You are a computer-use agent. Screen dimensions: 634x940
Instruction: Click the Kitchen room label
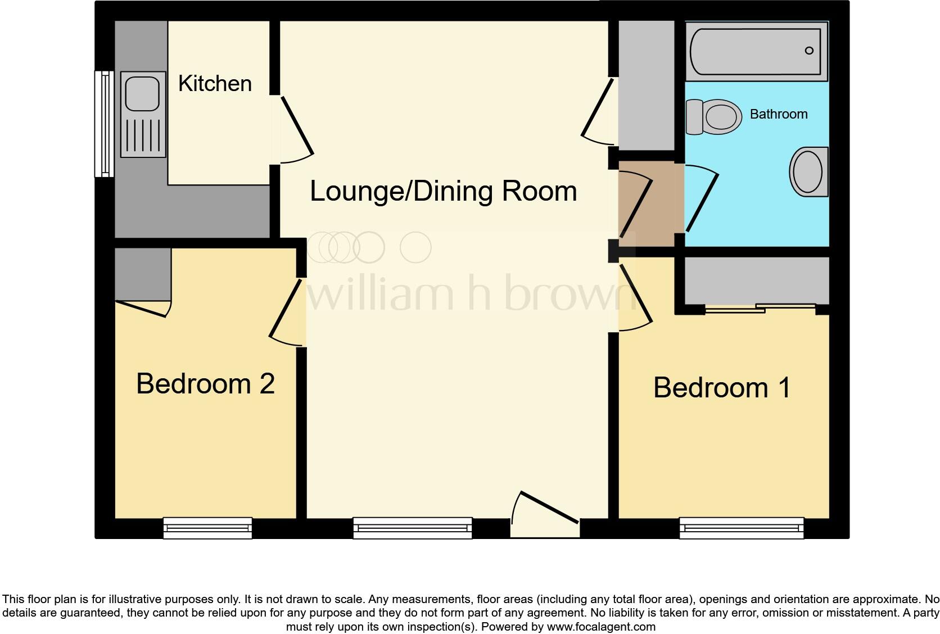(215, 84)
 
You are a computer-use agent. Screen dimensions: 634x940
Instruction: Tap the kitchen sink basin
(142, 93)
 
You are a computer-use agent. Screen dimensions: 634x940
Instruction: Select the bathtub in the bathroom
(756, 51)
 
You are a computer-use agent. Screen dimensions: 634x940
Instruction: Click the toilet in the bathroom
(714, 117)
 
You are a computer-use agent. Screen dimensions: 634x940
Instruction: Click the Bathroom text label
(779, 114)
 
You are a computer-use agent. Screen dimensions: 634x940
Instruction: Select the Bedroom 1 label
(722, 388)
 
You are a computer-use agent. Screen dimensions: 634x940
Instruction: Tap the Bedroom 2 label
(205, 384)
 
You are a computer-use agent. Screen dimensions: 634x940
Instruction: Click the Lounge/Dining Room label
(444, 191)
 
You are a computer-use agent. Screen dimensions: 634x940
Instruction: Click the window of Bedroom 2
(207, 528)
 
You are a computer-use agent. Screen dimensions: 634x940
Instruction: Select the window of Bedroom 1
(741, 528)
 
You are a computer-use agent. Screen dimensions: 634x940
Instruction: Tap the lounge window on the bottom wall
(413, 528)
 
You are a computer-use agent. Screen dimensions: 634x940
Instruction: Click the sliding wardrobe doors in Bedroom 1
(760, 307)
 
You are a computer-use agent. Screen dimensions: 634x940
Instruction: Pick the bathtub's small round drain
(809, 51)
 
